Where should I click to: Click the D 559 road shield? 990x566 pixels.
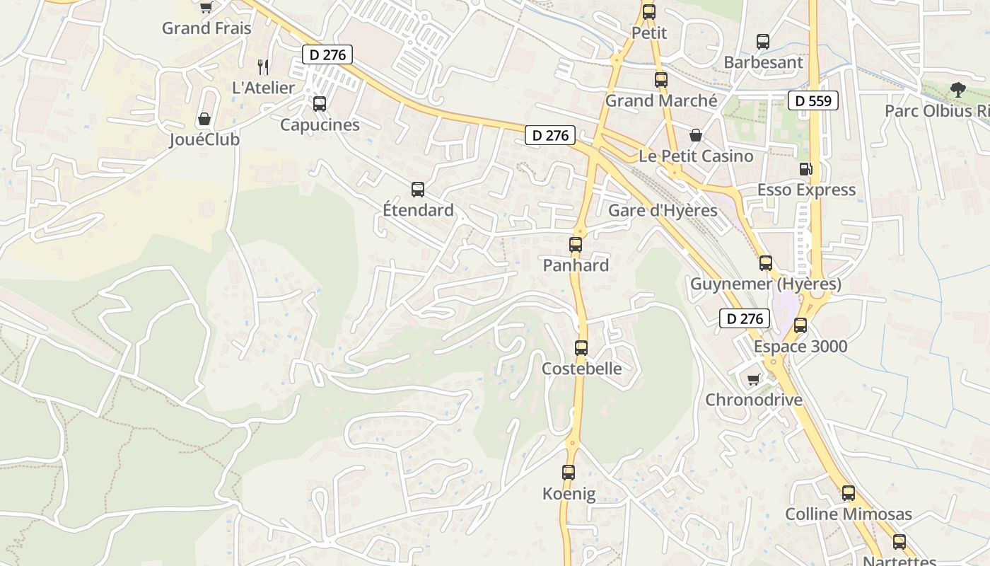coord(813,100)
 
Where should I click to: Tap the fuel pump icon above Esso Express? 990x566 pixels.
coord(805,169)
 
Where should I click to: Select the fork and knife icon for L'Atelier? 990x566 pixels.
coord(263,67)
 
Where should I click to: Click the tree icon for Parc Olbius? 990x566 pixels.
coord(957,90)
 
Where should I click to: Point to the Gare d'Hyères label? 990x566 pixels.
coord(663,210)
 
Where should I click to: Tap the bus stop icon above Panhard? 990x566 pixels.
coord(576,245)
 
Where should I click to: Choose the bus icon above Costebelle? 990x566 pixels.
coord(581,347)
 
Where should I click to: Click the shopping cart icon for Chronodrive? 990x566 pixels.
coord(754,379)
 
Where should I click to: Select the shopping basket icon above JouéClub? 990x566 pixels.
coord(204,118)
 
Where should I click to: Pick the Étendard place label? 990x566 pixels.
coord(418,210)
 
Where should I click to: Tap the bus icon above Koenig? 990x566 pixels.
coord(569,473)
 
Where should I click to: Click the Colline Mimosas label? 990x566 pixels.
coord(849,514)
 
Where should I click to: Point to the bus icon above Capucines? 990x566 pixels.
coord(320,104)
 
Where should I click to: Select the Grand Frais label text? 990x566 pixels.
coord(206,28)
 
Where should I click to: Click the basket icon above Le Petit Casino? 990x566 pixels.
coord(696,135)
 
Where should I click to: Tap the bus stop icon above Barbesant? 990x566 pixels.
coord(763,42)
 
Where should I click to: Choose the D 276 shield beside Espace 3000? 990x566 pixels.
coord(745,318)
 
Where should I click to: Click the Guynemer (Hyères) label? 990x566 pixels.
coord(766,284)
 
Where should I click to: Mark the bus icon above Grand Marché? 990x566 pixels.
coord(661,80)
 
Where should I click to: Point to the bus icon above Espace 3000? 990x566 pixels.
coord(800,325)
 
